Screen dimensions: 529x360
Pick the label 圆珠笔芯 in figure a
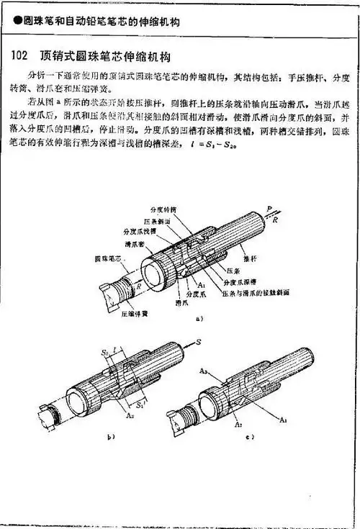tap(106, 257)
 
